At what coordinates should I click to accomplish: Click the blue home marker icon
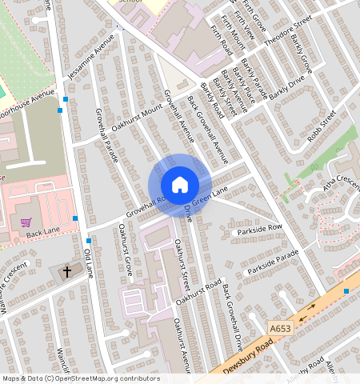(x=180, y=185)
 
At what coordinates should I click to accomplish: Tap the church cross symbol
(x=66, y=271)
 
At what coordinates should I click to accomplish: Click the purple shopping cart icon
(x=26, y=222)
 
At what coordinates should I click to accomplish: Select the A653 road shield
(x=279, y=328)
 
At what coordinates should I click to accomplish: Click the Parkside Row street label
(x=258, y=230)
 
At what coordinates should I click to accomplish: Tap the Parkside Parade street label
(x=271, y=262)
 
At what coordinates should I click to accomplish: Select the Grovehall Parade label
(x=106, y=134)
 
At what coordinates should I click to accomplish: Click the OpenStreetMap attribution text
(x=80, y=378)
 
